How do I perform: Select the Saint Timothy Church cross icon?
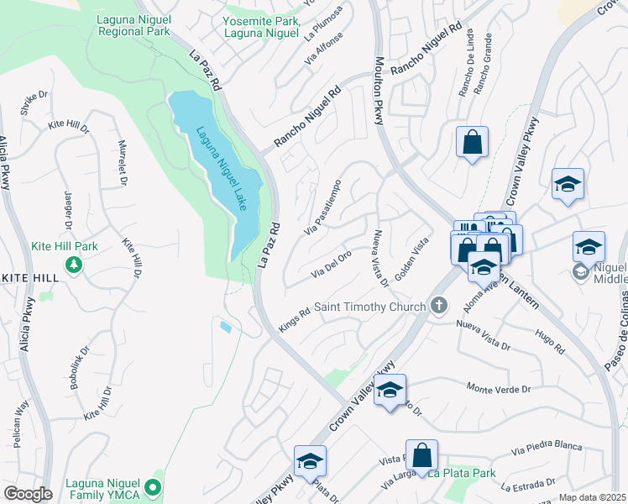click(x=437, y=307)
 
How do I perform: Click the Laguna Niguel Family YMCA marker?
click(x=152, y=486)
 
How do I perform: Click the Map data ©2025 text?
click(x=593, y=497)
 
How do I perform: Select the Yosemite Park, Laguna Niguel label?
click(x=261, y=27)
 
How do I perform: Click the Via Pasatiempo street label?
click(x=323, y=206)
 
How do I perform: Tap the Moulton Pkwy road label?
click(x=379, y=91)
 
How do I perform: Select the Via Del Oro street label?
click(x=331, y=264)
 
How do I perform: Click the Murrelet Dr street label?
click(x=123, y=163)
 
